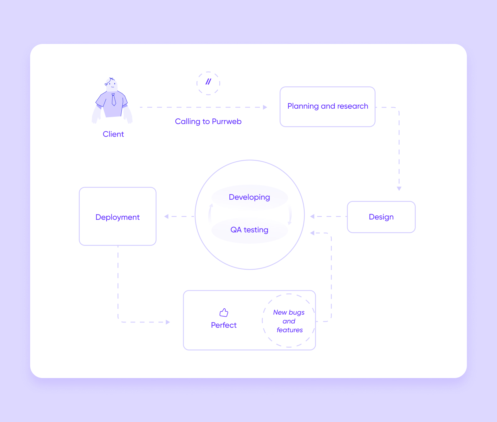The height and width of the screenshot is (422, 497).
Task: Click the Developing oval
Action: click(250, 197)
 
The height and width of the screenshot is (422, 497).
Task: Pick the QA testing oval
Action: click(250, 230)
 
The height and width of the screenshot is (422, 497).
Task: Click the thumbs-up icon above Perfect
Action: click(224, 312)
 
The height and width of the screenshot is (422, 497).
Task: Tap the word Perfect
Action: click(224, 325)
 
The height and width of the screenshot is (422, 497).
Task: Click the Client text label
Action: click(113, 134)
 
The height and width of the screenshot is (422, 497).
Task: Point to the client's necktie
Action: click(114, 100)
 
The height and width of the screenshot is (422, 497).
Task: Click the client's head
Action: click(111, 84)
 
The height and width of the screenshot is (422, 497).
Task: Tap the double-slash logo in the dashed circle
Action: click(208, 82)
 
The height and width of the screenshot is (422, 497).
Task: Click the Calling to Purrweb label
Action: click(208, 122)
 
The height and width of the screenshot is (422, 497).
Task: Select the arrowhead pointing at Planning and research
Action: click(265, 107)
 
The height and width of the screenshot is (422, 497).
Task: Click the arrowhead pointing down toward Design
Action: click(399, 189)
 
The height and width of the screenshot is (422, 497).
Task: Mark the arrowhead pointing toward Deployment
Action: click(166, 216)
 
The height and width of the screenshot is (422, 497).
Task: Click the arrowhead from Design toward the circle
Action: click(312, 216)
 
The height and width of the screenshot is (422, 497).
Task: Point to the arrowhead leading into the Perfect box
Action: click(168, 322)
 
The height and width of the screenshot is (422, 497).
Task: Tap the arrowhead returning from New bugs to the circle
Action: click(312, 233)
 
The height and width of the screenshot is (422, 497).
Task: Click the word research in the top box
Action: click(353, 106)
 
